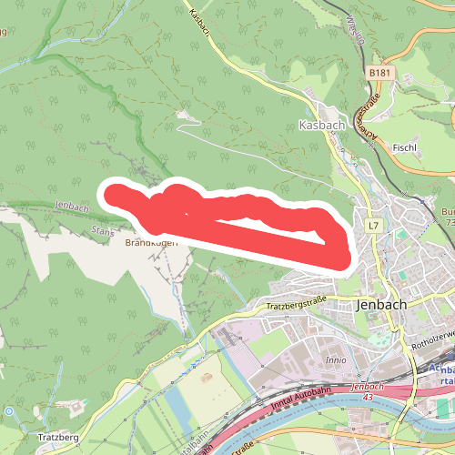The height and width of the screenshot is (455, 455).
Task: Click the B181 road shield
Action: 381,72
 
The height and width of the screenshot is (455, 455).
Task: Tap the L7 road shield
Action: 373,225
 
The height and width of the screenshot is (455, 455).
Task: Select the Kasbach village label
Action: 319,125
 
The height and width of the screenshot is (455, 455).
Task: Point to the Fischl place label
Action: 405,147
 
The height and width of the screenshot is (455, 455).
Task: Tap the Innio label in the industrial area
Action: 335,359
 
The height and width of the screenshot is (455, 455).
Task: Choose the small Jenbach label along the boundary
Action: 74,207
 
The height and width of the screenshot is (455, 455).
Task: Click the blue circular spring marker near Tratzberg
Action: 9,411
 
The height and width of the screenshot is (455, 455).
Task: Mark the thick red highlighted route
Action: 246,223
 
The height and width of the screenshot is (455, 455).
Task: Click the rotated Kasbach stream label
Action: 200,18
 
